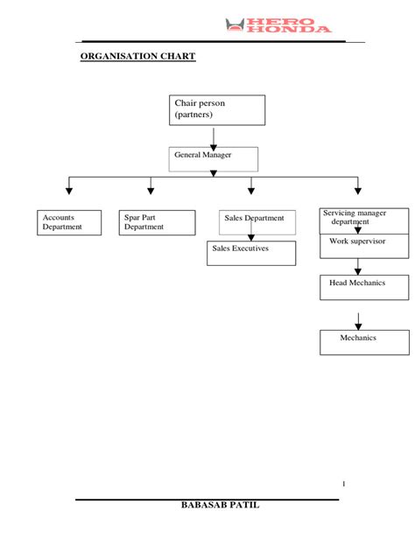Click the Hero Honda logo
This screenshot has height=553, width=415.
(278, 25)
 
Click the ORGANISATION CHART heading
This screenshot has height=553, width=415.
(137, 57)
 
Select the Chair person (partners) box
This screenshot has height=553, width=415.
(218, 110)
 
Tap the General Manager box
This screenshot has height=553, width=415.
(214, 158)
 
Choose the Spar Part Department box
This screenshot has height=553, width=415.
(158, 222)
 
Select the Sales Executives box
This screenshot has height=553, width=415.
(252, 252)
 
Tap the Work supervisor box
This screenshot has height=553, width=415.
(363, 245)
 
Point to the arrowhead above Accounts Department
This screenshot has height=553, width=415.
(69, 190)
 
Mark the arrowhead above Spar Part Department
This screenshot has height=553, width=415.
(151, 190)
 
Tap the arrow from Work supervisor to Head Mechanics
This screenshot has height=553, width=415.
(358, 266)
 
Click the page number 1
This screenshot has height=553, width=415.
(344, 484)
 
